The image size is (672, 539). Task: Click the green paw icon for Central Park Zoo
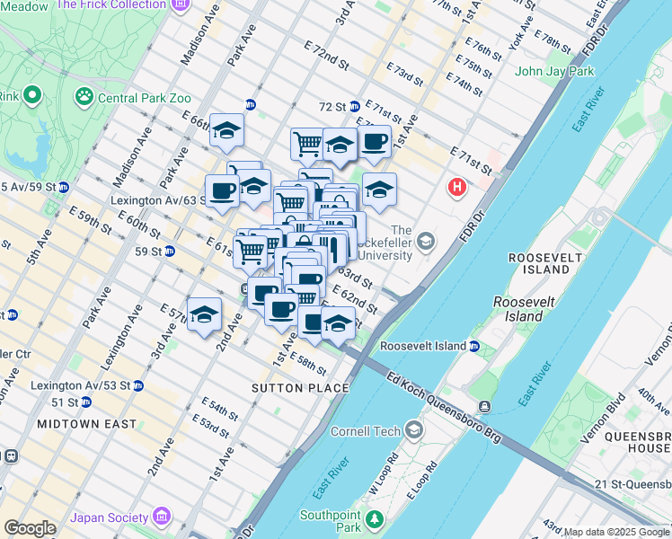tap(84, 94)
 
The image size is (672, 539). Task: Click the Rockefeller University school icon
tap(426, 241)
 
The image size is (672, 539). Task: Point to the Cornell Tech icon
tap(413, 430)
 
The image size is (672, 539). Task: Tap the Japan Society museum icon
tap(162, 517)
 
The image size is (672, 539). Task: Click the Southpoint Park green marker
tap(376, 520)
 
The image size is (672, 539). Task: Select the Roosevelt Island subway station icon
tap(475, 346)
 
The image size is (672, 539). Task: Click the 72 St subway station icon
tap(355, 106)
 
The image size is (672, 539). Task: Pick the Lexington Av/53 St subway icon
tap(137, 385)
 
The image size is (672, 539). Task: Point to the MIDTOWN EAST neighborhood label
tap(87, 423)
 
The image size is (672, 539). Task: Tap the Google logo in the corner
tap(30, 528)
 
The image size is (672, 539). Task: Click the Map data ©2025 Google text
tap(616, 532)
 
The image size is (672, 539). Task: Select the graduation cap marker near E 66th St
tap(226, 129)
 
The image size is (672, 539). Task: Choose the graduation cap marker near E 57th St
tap(205, 314)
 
